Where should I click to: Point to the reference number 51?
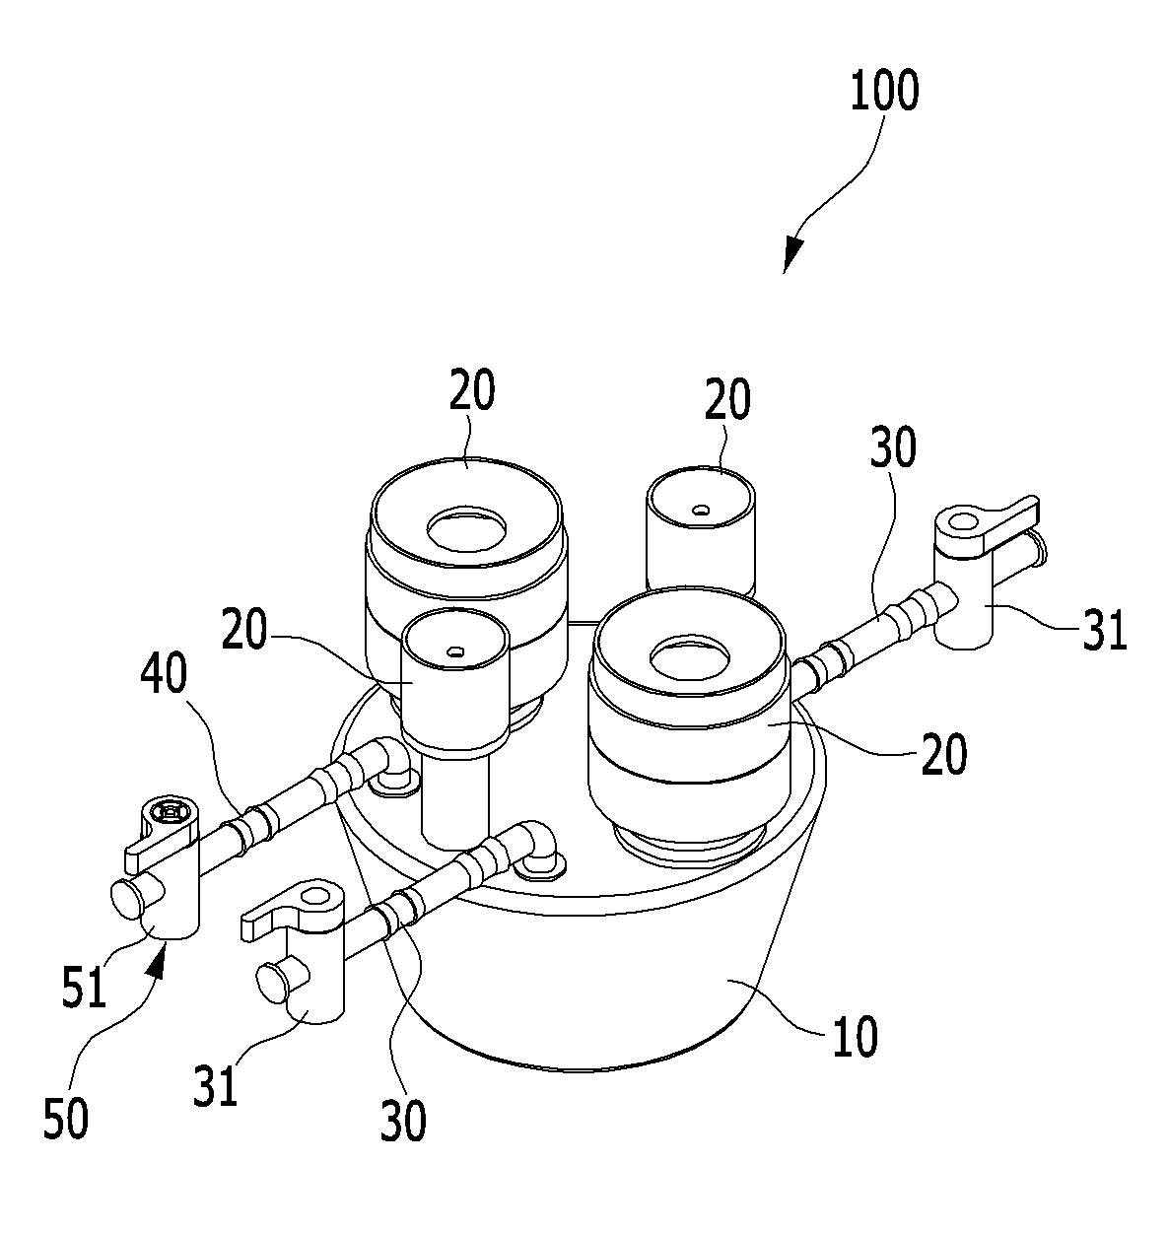coord(84,986)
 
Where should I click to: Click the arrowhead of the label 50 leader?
coord(157,961)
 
